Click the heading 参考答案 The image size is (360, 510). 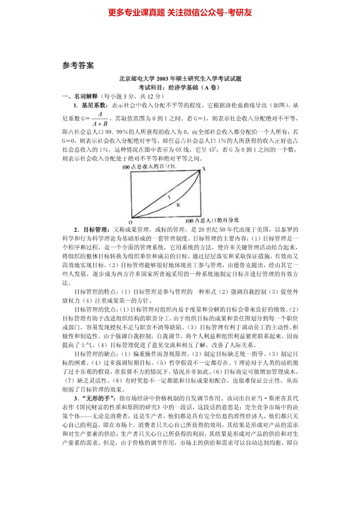tap(78, 65)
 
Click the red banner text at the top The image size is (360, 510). tap(180, 12)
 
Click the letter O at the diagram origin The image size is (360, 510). tap(130, 222)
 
